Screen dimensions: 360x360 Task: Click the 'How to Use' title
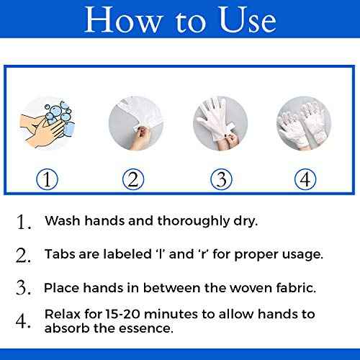coord(180,22)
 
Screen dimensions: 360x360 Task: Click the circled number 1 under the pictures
coord(48,177)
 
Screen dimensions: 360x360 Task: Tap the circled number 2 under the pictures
coord(132,177)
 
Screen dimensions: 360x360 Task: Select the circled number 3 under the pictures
coord(219,177)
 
